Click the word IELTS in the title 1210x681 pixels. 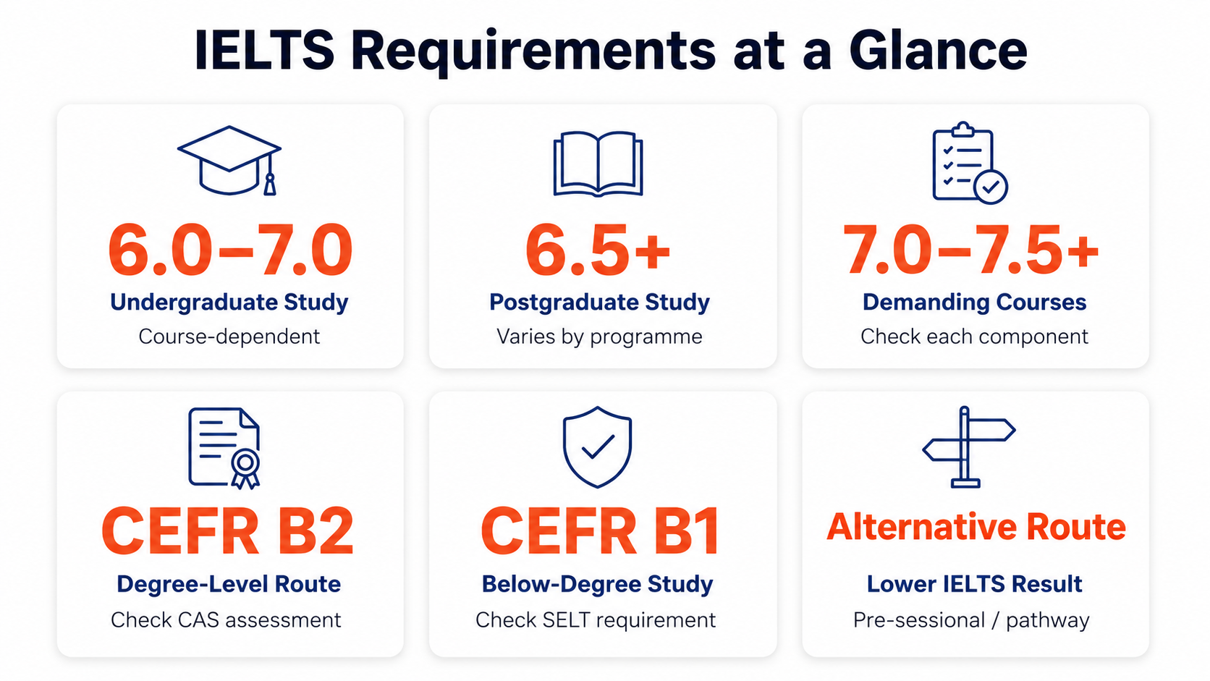[264, 51]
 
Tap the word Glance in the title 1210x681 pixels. [939, 51]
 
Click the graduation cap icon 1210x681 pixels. [229, 161]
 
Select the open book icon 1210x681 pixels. [598, 164]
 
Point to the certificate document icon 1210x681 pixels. [224, 448]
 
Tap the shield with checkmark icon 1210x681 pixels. [598, 447]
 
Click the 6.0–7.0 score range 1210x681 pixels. [230, 250]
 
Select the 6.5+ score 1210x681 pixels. [598, 250]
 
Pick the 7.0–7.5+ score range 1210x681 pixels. [971, 250]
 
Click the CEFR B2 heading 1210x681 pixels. [227, 531]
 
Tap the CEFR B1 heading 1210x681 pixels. [600, 531]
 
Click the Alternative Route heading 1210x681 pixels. [977, 527]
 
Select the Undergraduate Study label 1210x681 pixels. [229, 303]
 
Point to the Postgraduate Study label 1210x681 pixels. [600, 303]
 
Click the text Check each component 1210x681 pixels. [975, 337]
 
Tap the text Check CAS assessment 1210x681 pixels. [226, 620]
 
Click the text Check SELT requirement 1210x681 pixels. [596, 620]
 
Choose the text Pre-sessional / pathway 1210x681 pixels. [971, 620]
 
